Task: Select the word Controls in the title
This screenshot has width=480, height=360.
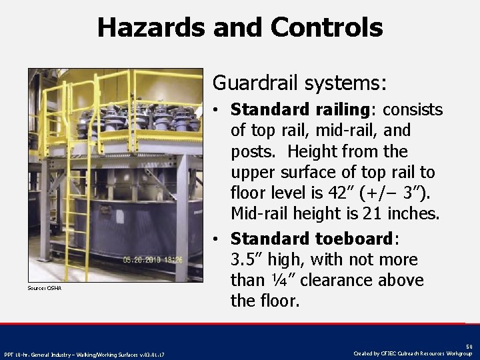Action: (x=327, y=28)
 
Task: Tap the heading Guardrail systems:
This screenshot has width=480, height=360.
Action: (x=299, y=83)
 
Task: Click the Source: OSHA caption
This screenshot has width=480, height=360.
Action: (x=44, y=288)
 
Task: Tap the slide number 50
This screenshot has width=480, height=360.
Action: (x=469, y=346)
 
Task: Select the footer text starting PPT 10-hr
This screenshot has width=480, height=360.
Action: (x=85, y=354)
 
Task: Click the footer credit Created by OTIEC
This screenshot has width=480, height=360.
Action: (x=413, y=353)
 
